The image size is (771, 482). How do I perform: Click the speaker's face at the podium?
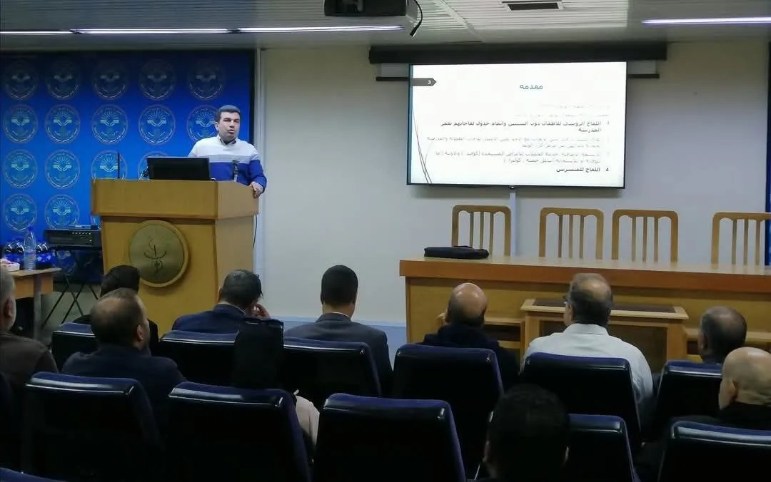click(228, 123)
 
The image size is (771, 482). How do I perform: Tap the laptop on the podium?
click(178, 169)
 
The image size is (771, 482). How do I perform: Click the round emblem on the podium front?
click(158, 253)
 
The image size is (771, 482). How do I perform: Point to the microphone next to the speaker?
click(235, 169)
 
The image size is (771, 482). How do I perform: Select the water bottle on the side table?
click(29, 249)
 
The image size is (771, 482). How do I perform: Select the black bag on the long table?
click(456, 252)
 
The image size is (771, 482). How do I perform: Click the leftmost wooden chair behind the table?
click(480, 230)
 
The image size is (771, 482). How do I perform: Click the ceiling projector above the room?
click(366, 8)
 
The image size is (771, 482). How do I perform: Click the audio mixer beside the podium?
click(73, 237)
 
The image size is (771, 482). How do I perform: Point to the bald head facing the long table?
click(467, 304)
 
